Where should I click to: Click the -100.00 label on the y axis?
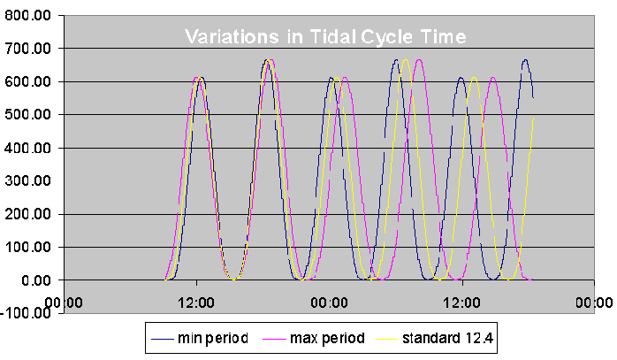(27, 313)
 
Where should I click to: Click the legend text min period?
(212, 337)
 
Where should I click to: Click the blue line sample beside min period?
(163, 338)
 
